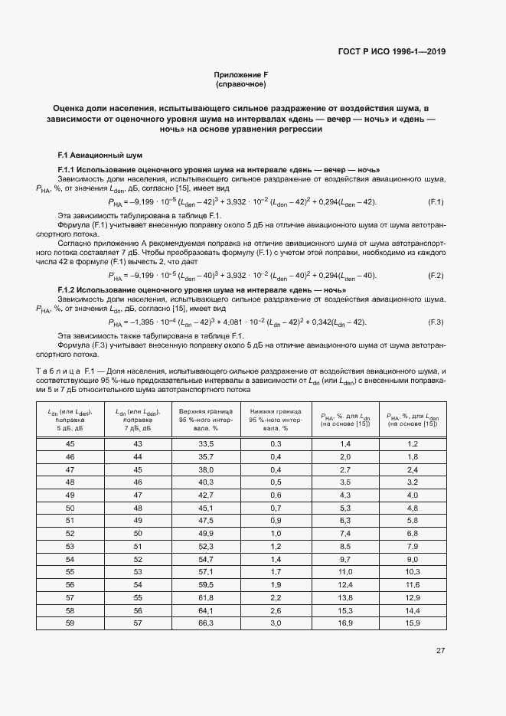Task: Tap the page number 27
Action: pyautogui.click(x=440, y=651)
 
